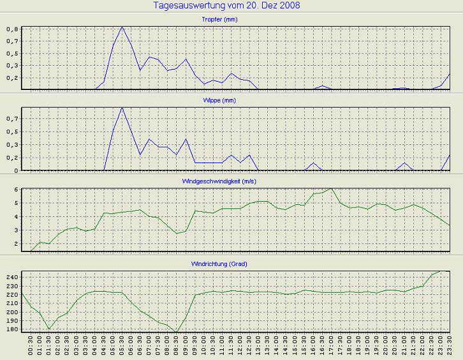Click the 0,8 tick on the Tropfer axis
click(x=13, y=29)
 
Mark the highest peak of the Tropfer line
click(x=122, y=27)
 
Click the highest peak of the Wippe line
click(x=122, y=107)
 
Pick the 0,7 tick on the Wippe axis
click(x=13, y=119)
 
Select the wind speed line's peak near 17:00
click(x=332, y=188)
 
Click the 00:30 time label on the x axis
click(x=31, y=348)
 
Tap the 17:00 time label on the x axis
click(x=332, y=348)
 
